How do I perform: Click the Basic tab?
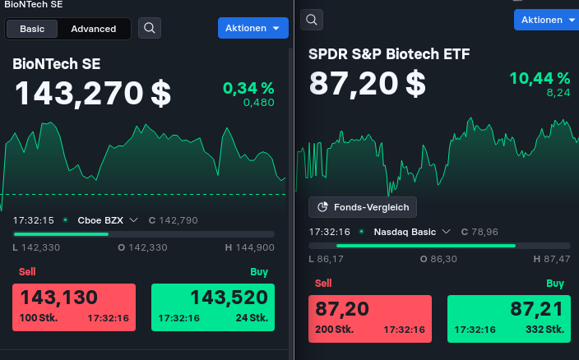pos(32,29)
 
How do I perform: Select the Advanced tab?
pos(93,29)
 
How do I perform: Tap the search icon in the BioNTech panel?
pos(149,28)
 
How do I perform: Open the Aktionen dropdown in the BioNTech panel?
pos(253,28)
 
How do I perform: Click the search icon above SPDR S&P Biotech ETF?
pos(312,19)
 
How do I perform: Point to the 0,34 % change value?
pos(248,88)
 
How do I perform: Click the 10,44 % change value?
pos(540,78)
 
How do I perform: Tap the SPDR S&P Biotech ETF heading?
pos(389,55)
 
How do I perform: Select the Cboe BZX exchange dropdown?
pos(105,220)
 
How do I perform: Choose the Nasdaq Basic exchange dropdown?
pos(411,232)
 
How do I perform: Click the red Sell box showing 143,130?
pos(74,307)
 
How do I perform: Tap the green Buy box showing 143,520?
pos(213,307)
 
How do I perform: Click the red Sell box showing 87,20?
pos(371,318)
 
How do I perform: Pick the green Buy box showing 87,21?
pos(509,318)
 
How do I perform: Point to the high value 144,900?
pos(254,247)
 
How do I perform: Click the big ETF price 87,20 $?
pos(367,83)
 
